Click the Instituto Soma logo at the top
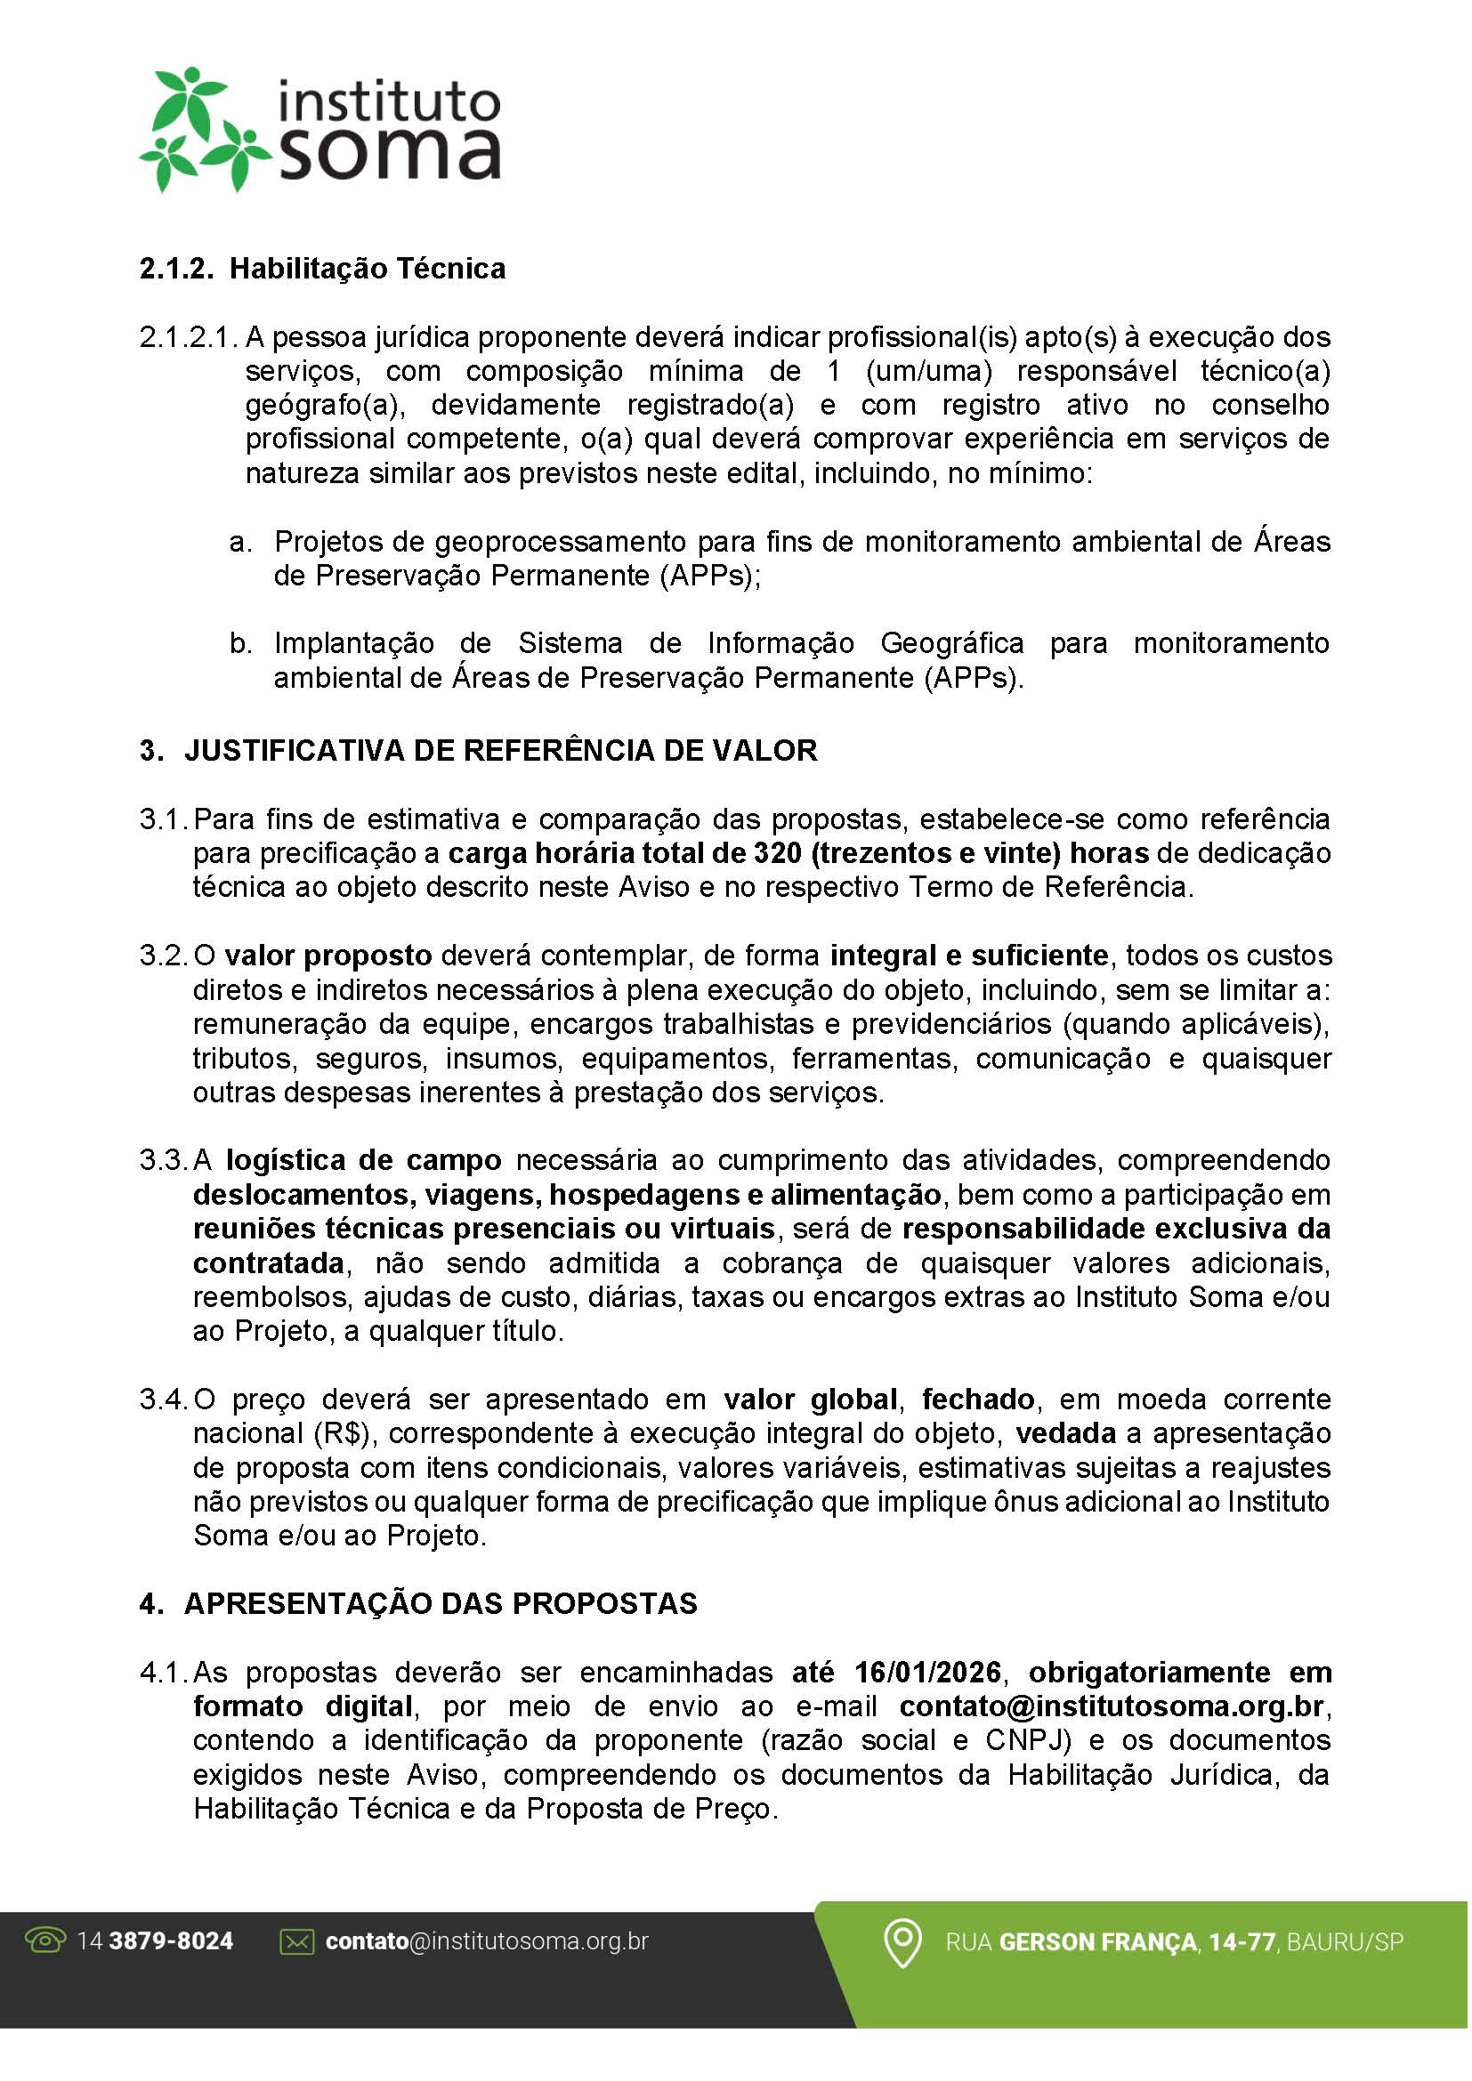click(x=319, y=129)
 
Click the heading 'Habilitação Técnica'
click(x=367, y=270)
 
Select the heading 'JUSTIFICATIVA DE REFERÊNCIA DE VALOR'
click(x=500, y=751)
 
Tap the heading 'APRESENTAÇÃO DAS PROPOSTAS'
click(x=441, y=1603)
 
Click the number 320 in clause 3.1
click(x=776, y=853)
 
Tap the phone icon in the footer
click(x=46, y=1940)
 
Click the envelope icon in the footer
click(x=297, y=1941)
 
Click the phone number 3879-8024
click(x=170, y=1941)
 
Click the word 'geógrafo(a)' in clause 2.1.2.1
click(x=322, y=405)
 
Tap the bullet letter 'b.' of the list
click(x=240, y=643)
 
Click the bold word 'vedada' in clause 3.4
click(x=1065, y=1434)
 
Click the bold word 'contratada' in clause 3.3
click(x=268, y=1263)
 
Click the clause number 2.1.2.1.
click(x=189, y=337)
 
